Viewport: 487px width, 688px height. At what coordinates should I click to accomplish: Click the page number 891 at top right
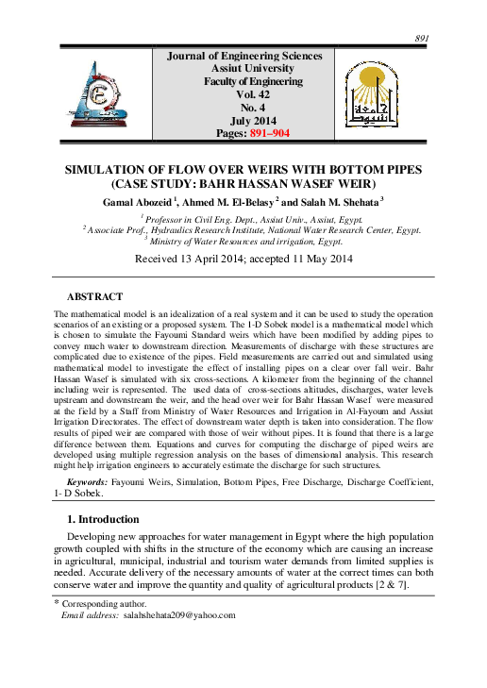[x=422, y=38]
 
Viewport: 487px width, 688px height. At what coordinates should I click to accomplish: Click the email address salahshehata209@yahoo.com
[x=179, y=614]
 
